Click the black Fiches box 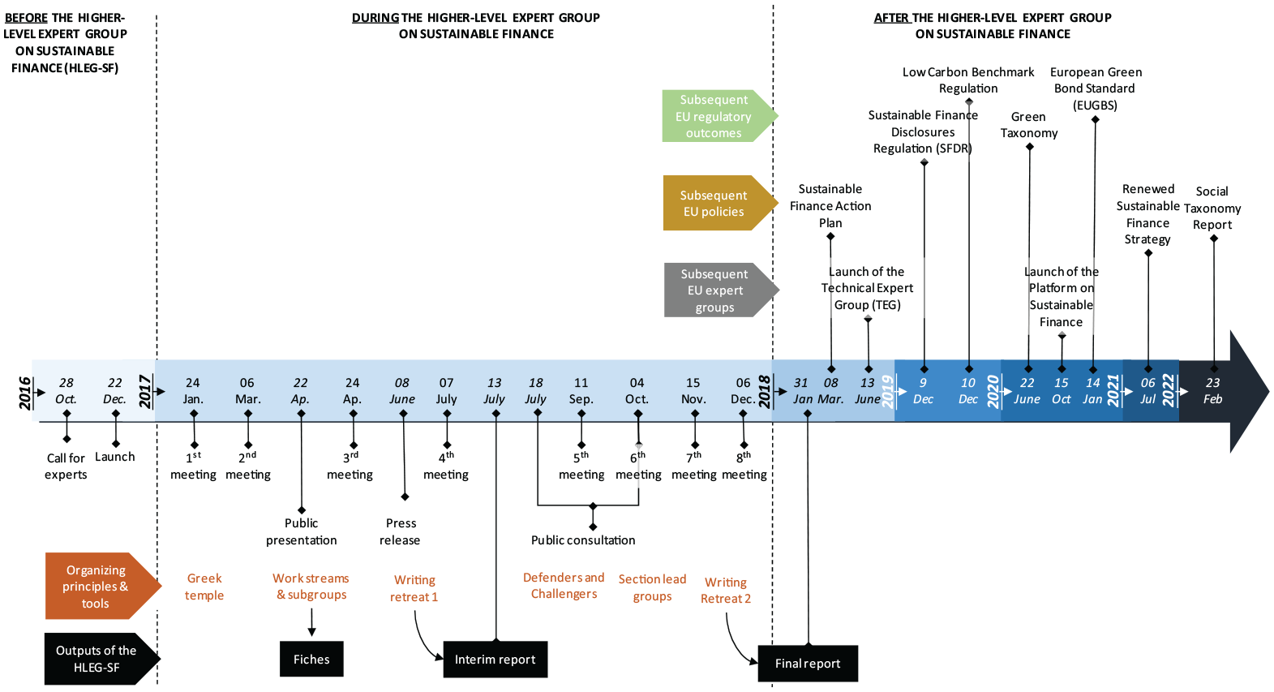click(311, 659)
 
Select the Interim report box click(495, 660)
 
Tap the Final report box click(808, 664)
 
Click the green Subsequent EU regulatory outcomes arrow click(720, 116)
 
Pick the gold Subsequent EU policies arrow click(721, 203)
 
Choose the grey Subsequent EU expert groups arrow click(722, 290)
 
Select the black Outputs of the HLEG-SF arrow click(102, 659)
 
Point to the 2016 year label click(24, 393)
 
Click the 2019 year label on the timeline click(887, 392)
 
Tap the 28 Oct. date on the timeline click(66, 391)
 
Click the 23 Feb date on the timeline click(1212, 391)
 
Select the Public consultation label click(583, 540)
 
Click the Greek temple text click(204, 587)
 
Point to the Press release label click(401, 531)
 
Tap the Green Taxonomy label click(1029, 125)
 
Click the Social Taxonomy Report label click(1212, 208)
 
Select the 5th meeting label click(581, 466)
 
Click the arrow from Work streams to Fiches click(311, 622)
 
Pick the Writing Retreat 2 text click(726, 591)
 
